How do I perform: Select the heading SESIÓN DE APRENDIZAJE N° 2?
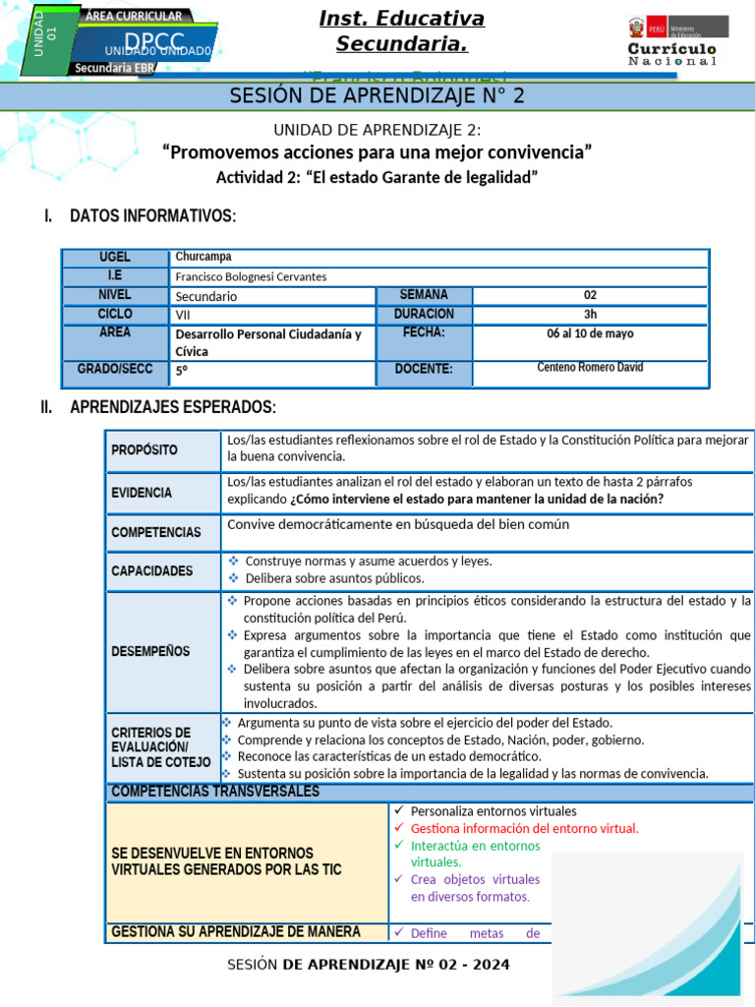[x=377, y=95]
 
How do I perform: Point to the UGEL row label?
[x=114, y=257]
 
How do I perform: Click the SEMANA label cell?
[x=424, y=295]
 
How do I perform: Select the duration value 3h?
[x=590, y=315]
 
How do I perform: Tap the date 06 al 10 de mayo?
[x=590, y=334]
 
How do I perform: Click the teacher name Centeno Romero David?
[x=590, y=368]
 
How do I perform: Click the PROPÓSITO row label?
[x=145, y=450]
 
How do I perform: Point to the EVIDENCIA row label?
[x=142, y=493]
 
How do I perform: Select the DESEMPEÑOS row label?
[x=150, y=651]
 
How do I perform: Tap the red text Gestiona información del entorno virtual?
[x=524, y=828]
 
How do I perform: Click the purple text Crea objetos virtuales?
[x=475, y=879]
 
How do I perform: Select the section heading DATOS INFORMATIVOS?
[x=152, y=216]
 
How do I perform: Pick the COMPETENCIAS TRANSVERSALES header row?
[x=215, y=792]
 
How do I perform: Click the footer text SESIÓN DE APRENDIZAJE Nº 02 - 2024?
[x=369, y=965]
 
